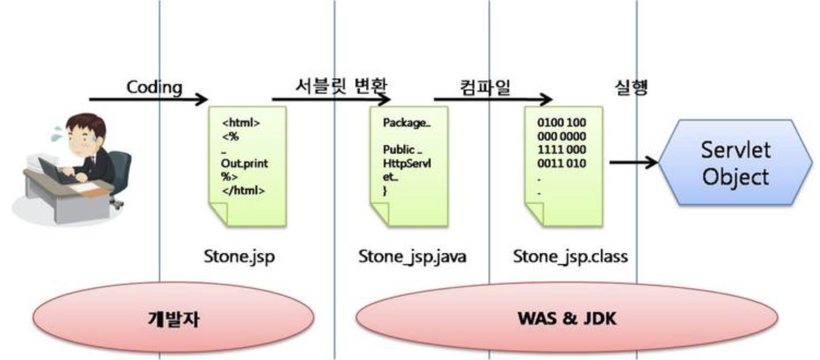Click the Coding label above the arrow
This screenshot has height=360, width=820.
pyautogui.click(x=154, y=87)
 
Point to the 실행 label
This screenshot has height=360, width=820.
pyautogui.click(x=631, y=87)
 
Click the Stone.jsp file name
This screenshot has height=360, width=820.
pyautogui.click(x=239, y=256)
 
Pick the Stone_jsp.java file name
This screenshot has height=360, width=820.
pyautogui.click(x=412, y=256)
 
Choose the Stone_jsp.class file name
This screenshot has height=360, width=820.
pyautogui.click(x=570, y=256)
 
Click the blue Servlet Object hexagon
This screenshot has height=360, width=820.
pyautogui.click(x=735, y=163)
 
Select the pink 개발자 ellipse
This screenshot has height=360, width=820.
pyautogui.click(x=174, y=318)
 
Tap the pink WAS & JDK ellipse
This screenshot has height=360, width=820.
pyautogui.click(x=567, y=318)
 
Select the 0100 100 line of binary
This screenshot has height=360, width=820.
pyautogui.click(x=562, y=123)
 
